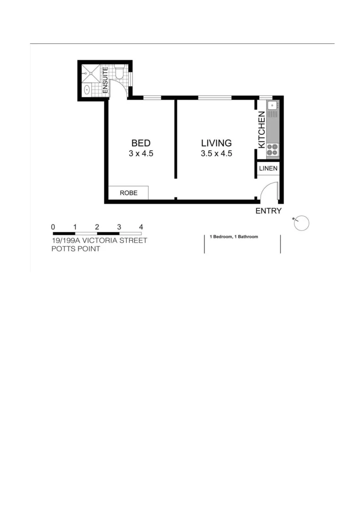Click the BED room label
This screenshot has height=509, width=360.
141,143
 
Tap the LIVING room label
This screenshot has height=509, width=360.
216,143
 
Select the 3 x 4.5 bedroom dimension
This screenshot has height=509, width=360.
141,154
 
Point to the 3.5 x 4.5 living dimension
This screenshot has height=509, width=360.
216,154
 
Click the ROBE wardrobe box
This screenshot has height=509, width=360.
128,193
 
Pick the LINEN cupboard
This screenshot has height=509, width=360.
268,168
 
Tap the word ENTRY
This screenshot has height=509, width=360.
268,211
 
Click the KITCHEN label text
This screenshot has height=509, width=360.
262,130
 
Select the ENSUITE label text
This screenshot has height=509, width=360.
106,80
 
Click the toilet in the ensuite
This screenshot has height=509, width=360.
119,73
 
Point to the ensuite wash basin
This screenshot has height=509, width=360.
87,90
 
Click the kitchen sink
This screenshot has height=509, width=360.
272,106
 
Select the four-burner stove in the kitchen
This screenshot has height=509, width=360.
272,150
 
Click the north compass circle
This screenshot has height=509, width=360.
302,223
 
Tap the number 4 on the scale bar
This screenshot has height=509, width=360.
141,227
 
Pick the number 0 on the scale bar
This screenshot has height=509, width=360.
53,227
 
